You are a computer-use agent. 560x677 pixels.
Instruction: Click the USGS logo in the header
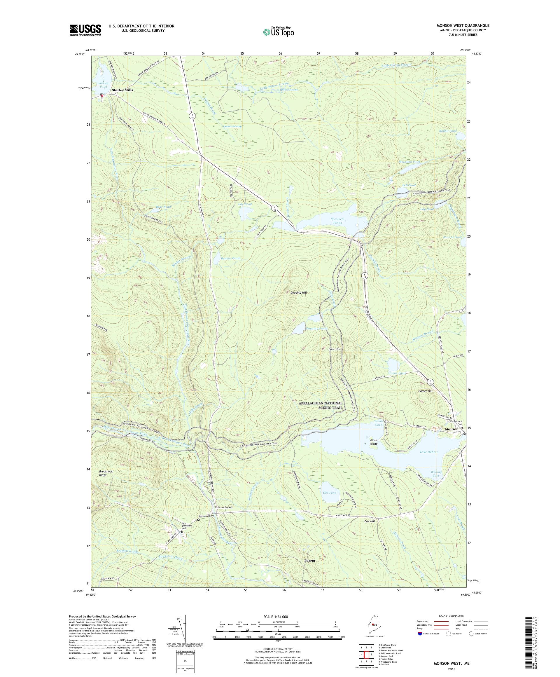[x=85, y=30]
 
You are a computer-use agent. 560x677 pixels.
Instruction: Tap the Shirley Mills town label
[x=122, y=90]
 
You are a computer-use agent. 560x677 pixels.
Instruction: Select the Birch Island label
[x=373, y=442]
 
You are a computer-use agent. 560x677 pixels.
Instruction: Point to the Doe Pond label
[x=329, y=493]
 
